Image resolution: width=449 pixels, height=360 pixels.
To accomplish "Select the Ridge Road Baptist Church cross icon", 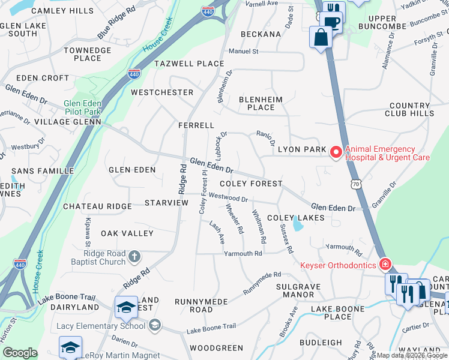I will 134,257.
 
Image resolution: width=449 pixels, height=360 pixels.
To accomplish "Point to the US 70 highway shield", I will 357,185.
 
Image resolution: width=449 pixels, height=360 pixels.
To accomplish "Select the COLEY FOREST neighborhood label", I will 251,184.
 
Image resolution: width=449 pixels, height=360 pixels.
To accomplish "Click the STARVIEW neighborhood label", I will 166,203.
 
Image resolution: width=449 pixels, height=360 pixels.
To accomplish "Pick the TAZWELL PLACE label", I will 189,64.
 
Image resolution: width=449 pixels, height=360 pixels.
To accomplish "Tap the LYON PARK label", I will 301,149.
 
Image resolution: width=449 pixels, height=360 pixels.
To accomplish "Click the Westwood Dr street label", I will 228,197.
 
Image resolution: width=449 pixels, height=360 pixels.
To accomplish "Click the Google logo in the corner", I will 20,353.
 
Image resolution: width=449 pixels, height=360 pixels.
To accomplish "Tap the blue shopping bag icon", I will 321,38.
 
